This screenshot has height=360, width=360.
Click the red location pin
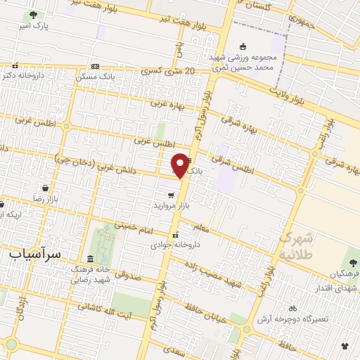click(x=181, y=165)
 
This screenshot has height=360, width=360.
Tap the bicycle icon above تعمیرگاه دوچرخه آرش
click(x=292, y=308)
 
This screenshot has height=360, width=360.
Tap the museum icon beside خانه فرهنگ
click(x=89, y=258)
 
